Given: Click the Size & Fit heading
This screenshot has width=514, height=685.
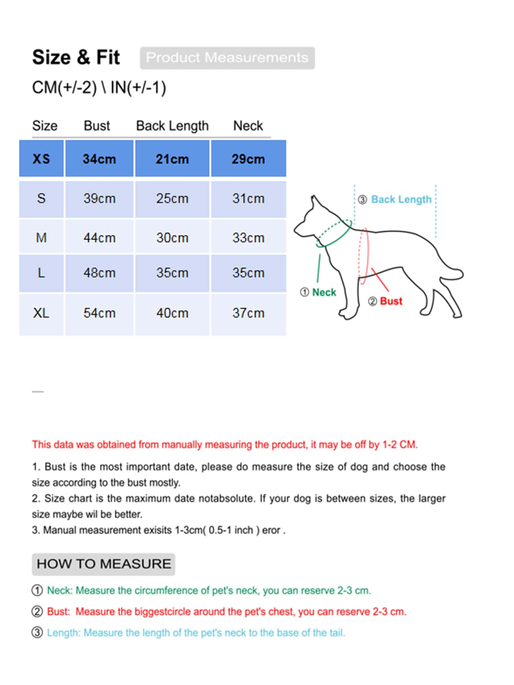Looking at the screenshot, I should coord(76,58).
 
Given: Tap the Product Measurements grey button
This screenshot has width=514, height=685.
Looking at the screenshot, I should coord(227,58).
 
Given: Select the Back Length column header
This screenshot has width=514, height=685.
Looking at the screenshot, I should coord(172,126).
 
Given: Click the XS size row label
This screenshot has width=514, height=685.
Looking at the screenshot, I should coord(41,159).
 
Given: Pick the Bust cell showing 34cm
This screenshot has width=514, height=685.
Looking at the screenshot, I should coord(99,159).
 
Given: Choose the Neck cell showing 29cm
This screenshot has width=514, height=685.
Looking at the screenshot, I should coord(248,159).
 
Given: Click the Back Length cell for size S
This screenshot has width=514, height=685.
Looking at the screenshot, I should coord(172,199).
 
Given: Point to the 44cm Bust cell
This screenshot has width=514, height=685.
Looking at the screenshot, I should coord(99,238).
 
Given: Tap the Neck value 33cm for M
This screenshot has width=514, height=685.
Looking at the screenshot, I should coord(248,238).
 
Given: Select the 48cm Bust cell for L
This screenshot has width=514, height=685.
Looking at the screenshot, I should coord(99,273).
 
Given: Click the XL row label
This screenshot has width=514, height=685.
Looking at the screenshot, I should coord(41,313).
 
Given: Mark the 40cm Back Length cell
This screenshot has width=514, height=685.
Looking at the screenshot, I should coord(172,313).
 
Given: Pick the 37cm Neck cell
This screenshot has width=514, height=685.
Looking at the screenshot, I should coord(248,313).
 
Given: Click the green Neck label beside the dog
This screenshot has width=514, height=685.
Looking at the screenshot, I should coord(324,292).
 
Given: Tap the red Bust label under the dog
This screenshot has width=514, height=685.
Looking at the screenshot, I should coord(391,301).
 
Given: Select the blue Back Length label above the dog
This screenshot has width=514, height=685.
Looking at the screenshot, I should coord(401,200).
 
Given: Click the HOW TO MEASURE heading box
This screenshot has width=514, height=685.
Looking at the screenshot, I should coord(104,564).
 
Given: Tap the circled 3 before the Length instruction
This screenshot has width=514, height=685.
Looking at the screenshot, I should coord(37,632).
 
